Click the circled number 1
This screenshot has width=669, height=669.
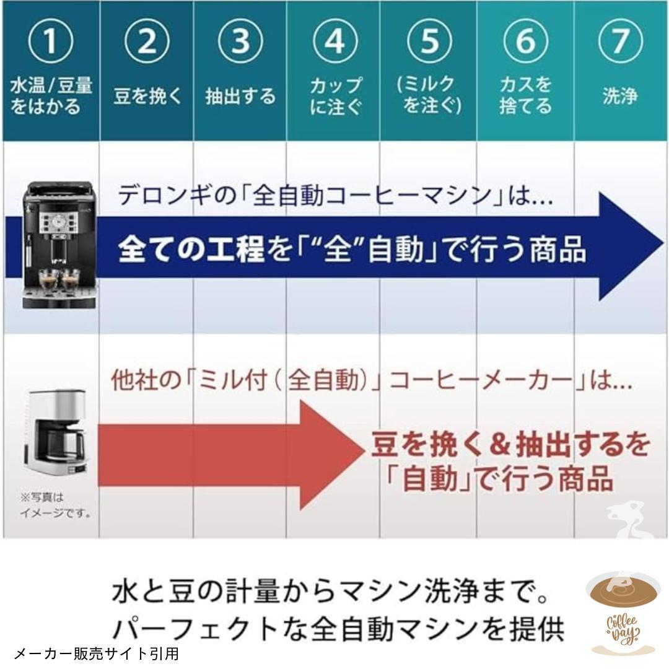tap(51, 42)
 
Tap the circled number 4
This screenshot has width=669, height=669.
tap(335, 42)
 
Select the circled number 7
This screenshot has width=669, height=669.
tap(620, 42)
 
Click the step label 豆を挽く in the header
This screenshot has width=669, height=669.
tap(147, 95)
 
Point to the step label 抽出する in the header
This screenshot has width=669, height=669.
tap(240, 95)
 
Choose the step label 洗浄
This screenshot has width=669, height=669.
tap(620, 95)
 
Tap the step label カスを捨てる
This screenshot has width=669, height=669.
tap(525, 95)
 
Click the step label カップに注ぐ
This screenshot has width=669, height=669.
tap(336, 95)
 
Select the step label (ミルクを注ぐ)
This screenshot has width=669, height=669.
tap(429, 95)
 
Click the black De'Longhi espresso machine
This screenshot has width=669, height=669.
tap(59, 245)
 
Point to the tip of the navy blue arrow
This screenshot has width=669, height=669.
tap(663, 246)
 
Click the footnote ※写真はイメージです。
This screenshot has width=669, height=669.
tap(56, 505)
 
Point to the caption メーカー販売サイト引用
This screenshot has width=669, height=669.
tap(97, 654)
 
